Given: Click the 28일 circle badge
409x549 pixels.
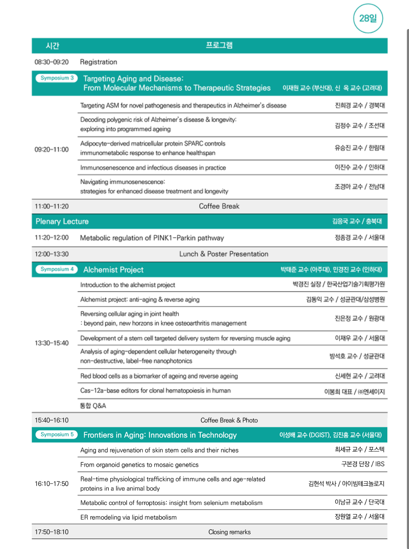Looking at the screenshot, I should [368, 19].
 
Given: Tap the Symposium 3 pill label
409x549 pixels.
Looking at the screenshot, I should [57, 78].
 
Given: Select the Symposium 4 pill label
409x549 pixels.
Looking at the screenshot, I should [57, 269].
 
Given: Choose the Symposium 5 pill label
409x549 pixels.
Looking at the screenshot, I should [57, 434].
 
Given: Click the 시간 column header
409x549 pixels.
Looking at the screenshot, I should [53, 46].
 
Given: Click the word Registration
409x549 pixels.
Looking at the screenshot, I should [98, 62].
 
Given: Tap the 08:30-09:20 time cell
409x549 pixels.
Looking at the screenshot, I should [52, 62].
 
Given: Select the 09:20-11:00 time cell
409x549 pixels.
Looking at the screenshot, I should [52, 149].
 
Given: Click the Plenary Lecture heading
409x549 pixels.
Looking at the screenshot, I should [62, 221].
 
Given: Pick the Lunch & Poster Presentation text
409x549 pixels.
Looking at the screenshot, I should [224, 254].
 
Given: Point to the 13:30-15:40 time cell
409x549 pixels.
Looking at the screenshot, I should [52, 343].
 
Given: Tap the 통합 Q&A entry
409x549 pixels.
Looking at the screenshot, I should [93, 406].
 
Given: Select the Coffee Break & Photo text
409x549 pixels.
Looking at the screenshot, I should [229, 420].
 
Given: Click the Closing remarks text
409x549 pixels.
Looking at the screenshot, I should [229, 532].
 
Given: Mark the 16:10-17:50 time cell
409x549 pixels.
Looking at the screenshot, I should [52, 484].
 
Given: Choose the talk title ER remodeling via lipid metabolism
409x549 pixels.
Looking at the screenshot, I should [128, 517].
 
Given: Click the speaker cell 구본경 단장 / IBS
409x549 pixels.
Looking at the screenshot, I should [363, 464].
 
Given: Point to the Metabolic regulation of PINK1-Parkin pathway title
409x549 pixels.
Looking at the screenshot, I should [152, 238].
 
